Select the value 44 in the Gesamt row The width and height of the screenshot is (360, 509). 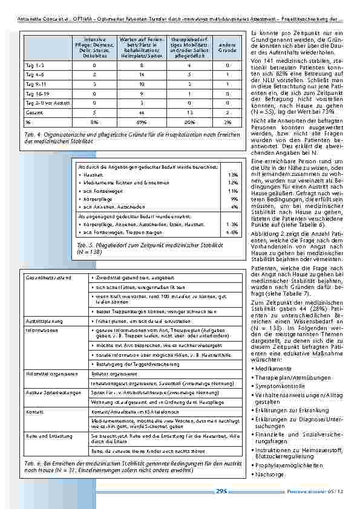point(140,112)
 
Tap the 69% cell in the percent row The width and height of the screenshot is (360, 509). point(140,122)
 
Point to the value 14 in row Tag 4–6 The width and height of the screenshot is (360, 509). point(140,74)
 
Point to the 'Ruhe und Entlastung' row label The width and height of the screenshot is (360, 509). point(47,434)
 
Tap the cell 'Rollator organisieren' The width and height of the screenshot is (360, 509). point(113,374)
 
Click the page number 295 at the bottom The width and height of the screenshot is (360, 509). point(221,491)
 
